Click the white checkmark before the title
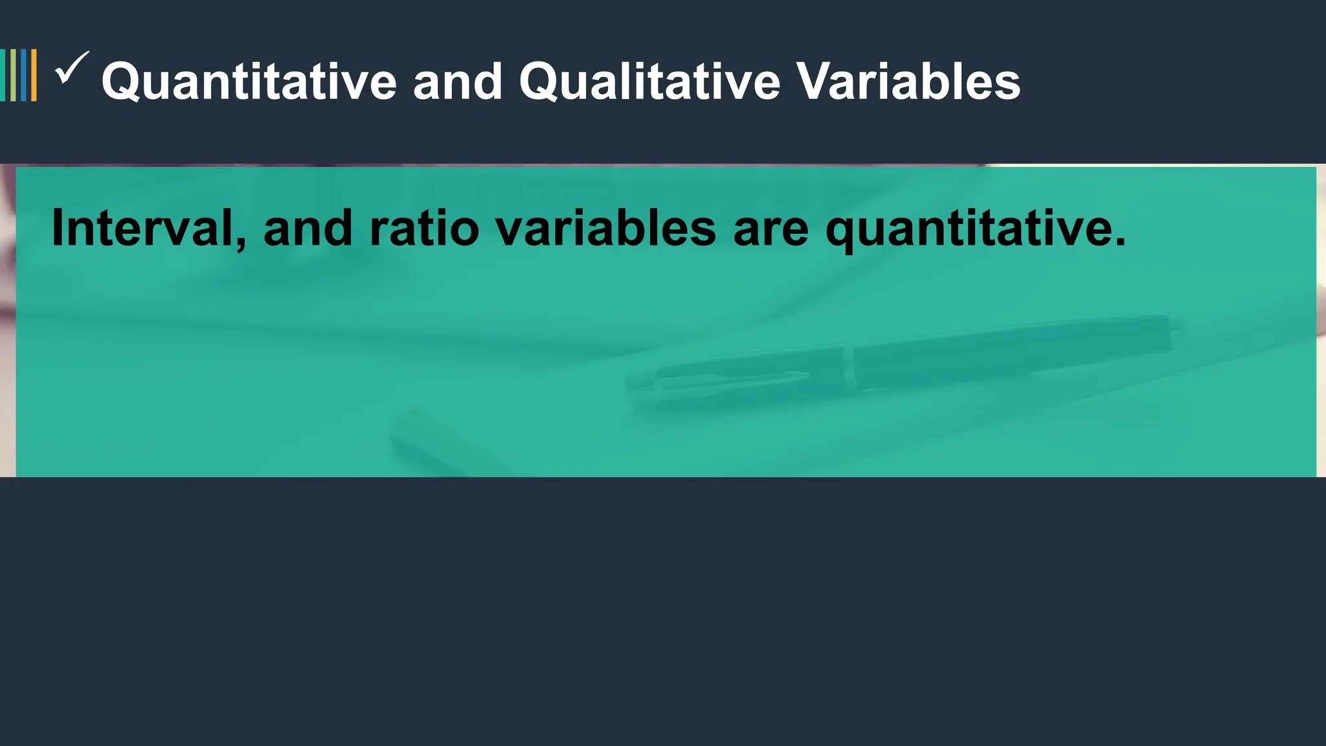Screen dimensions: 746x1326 [x=71, y=68]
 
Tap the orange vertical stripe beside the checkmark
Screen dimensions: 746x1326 [x=34, y=75]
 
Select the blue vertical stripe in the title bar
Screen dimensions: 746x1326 [x=23, y=75]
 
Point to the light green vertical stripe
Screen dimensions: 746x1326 [x=13, y=75]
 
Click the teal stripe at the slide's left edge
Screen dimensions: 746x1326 [x=3, y=75]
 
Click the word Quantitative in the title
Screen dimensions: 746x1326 [x=249, y=82]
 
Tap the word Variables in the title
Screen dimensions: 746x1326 [x=908, y=82]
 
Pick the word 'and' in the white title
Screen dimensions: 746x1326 [x=458, y=82]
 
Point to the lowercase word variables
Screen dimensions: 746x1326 [x=605, y=228]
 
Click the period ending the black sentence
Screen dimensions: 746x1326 [x=1120, y=243]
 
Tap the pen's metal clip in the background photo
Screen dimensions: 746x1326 [x=732, y=376]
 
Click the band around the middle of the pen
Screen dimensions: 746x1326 [x=849, y=366]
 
